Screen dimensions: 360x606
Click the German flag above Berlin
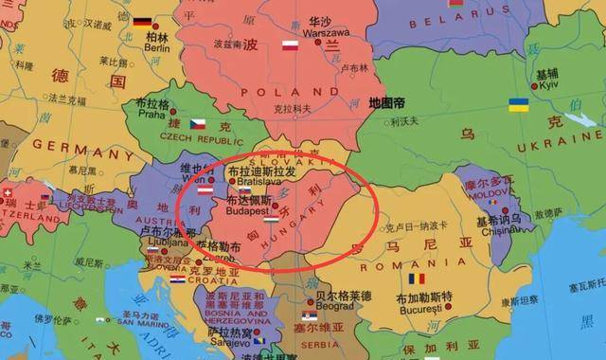(x=143, y=21)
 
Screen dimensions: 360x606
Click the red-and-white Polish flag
(x=291, y=44)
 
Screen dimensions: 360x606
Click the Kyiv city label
(x=547, y=85)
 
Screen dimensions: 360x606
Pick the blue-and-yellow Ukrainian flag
(x=518, y=105)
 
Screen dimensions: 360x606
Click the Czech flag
(x=197, y=123)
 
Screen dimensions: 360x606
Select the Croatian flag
(x=178, y=279)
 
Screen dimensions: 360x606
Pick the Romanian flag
(x=417, y=279)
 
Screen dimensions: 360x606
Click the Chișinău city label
(x=502, y=230)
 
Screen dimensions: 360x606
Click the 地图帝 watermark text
(x=387, y=100)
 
